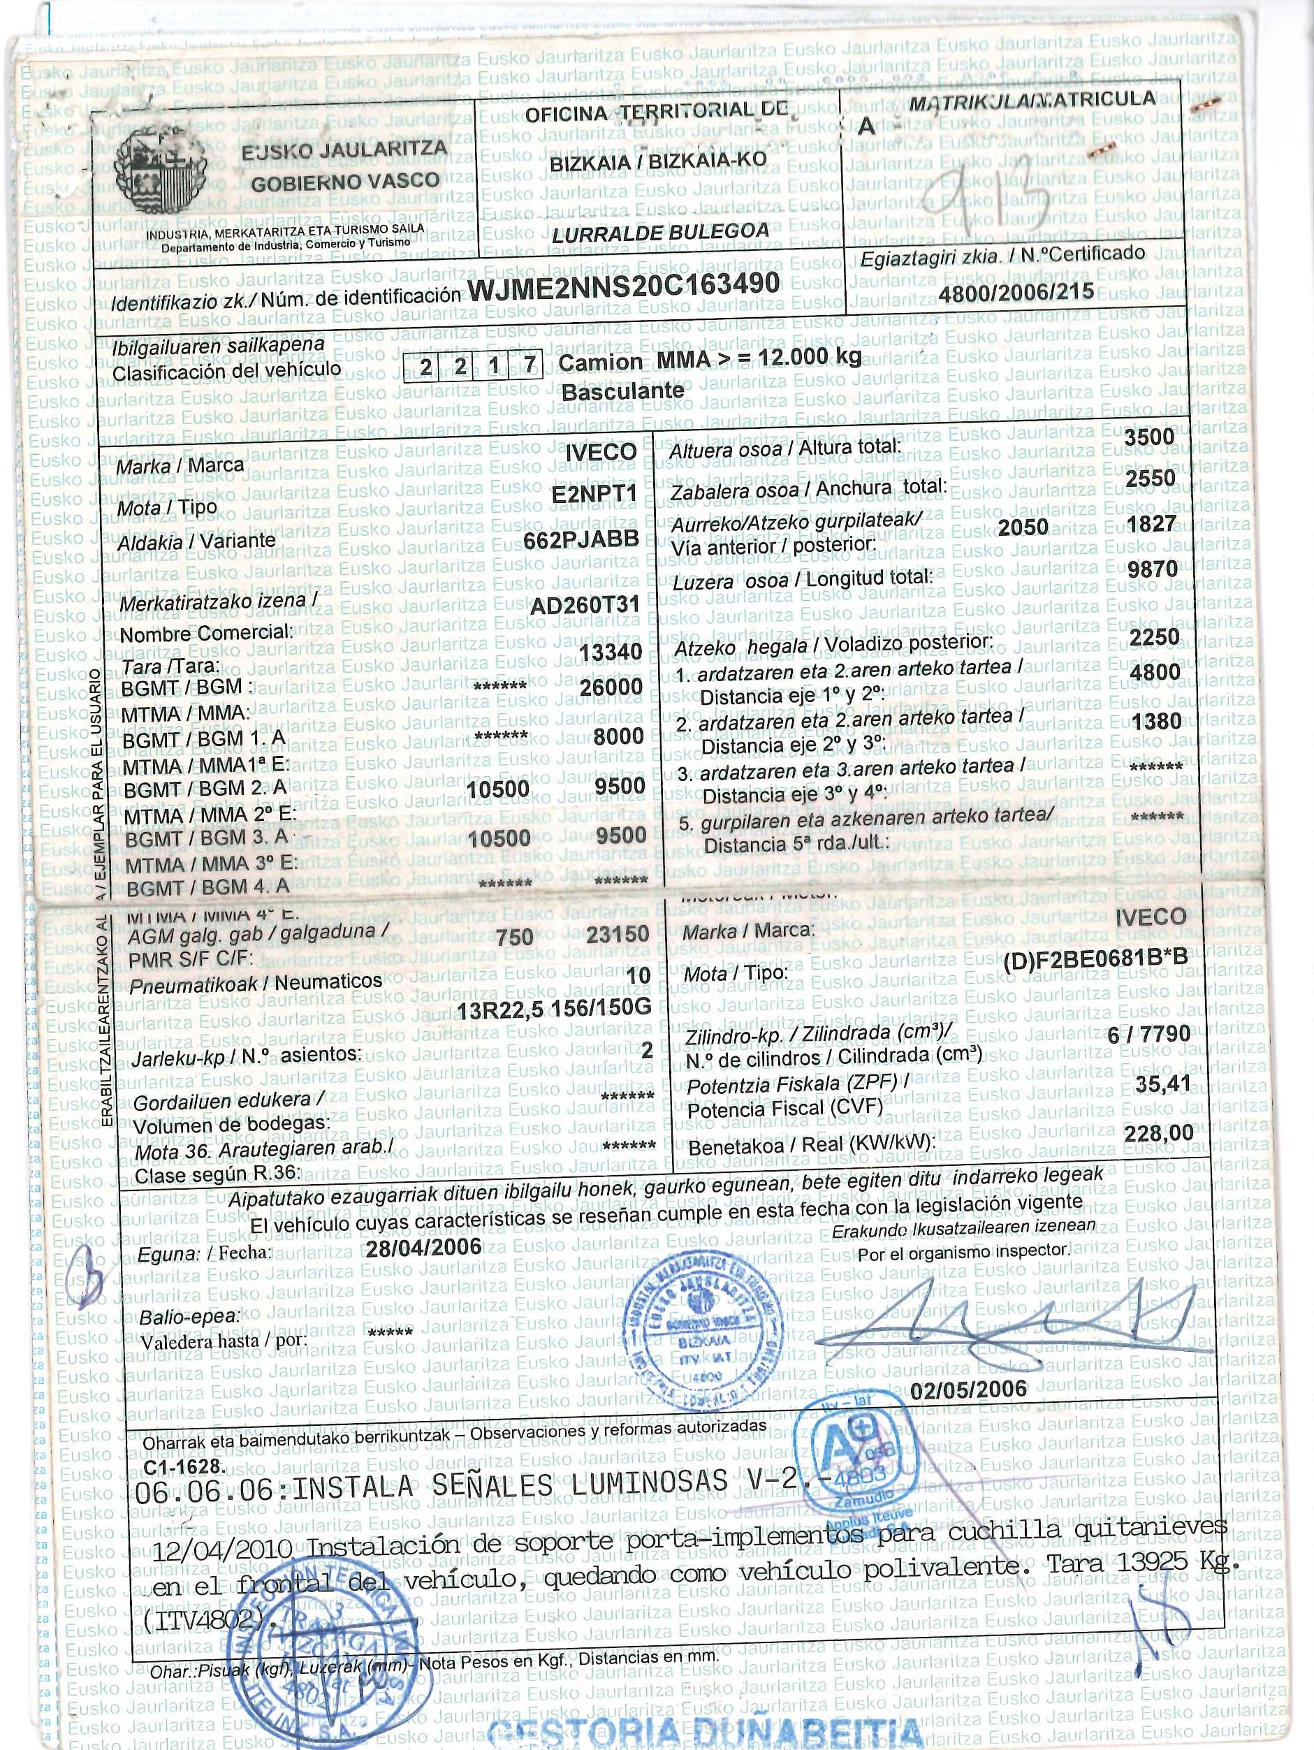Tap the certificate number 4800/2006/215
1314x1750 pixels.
[x=1016, y=292]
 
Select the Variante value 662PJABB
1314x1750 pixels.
[x=581, y=539]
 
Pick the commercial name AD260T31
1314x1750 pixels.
[x=585, y=605]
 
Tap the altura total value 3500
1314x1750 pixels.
[x=1148, y=437]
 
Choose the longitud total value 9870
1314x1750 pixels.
[x=1153, y=569]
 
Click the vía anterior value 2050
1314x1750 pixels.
[x=1023, y=527]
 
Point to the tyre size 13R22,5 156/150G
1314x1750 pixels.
[x=554, y=1007]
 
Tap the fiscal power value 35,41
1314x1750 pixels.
[x=1162, y=1083]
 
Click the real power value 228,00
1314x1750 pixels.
[x=1158, y=1133]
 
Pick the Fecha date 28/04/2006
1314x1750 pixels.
[x=423, y=1248]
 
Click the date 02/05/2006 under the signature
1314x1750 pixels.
[x=968, y=1390]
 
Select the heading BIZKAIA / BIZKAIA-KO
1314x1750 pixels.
[x=658, y=161]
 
